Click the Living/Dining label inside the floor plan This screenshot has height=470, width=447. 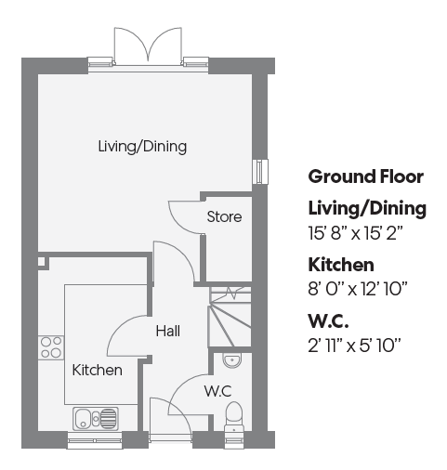point(142,147)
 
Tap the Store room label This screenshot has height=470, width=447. point(224,216)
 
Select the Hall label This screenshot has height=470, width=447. point(168,331)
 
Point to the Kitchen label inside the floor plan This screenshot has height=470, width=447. point(97,370)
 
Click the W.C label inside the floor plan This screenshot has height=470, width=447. point(218,391)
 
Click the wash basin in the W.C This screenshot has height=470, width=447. point(231,360)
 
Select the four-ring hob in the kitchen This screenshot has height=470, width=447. point(51,347)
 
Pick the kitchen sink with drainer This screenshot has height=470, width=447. point(96,419)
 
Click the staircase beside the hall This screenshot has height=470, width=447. point(230,317)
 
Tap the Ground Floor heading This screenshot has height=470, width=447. point(366,176)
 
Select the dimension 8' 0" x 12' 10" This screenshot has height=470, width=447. point(358,289)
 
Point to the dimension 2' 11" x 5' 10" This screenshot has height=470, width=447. point(354,346)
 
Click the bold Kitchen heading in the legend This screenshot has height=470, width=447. point(341,265)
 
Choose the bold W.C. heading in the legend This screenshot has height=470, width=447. point(328,321)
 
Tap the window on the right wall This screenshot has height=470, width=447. point(260,172)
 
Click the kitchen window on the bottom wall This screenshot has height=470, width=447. point(95,440)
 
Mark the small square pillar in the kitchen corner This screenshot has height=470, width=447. point(43,263)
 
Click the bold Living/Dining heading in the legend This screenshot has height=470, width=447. point(367,208)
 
